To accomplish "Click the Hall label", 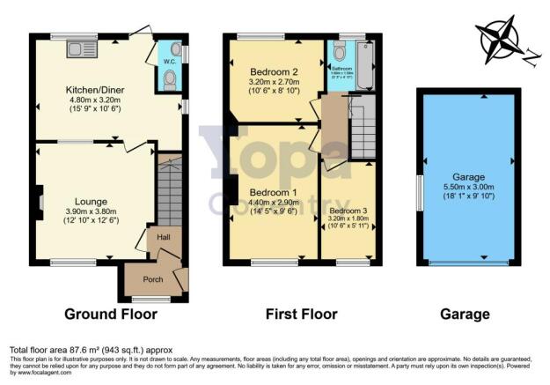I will point(164,237).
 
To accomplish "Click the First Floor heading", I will point(302,314).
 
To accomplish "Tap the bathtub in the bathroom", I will point(368,65).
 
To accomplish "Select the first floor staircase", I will point(363,128).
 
